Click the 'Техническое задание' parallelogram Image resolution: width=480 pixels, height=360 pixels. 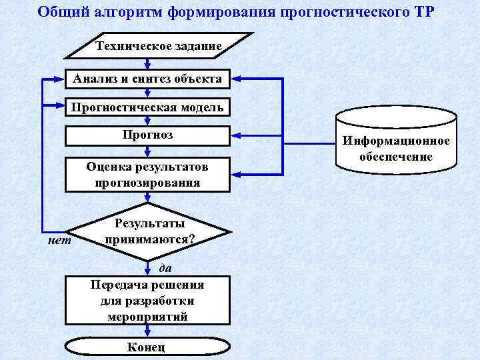click(158, 46)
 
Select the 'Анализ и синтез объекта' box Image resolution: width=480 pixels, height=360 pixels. click(147, 79)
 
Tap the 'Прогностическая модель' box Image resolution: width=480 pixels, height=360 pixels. click(147, 107)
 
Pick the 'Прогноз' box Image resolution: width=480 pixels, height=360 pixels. click(147, 135)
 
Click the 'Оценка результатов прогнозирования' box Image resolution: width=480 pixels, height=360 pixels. click(147, 174)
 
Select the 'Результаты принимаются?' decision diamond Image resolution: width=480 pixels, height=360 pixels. click(149, 231)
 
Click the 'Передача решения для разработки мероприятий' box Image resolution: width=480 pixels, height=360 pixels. click(147, 301)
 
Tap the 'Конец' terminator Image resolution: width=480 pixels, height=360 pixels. click(147, 347)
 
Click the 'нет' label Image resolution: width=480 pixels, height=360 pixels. click(58, 241)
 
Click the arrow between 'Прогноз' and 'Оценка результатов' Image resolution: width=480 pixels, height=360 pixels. click(147, 151)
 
